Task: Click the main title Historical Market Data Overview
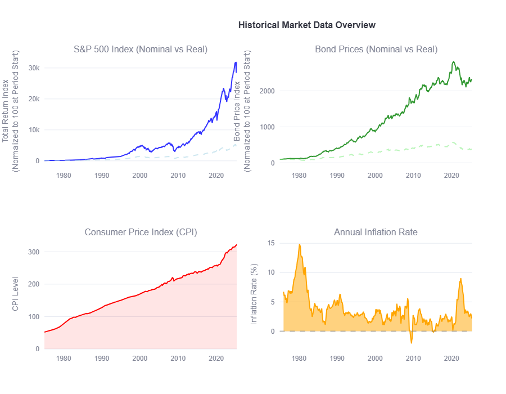coord(306,25)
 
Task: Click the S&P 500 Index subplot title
coord(141,50)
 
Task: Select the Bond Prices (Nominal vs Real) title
coord(376,50)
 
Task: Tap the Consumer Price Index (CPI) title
coord(141,232)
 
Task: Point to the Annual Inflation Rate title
coord(376,232)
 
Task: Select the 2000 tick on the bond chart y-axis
coord(267,91)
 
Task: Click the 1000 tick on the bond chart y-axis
coord(267,127)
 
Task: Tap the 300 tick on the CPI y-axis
coord(34,252)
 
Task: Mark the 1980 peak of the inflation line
coord(300,245)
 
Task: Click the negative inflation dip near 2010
coord(411,342)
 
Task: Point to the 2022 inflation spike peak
coord(460,279)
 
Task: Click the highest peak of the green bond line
coord(453,62)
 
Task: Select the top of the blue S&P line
coord(236,62)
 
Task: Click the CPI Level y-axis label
coord(15,294)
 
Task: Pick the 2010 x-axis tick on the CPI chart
coord(178,359)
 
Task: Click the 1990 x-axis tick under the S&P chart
coord(102,175)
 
